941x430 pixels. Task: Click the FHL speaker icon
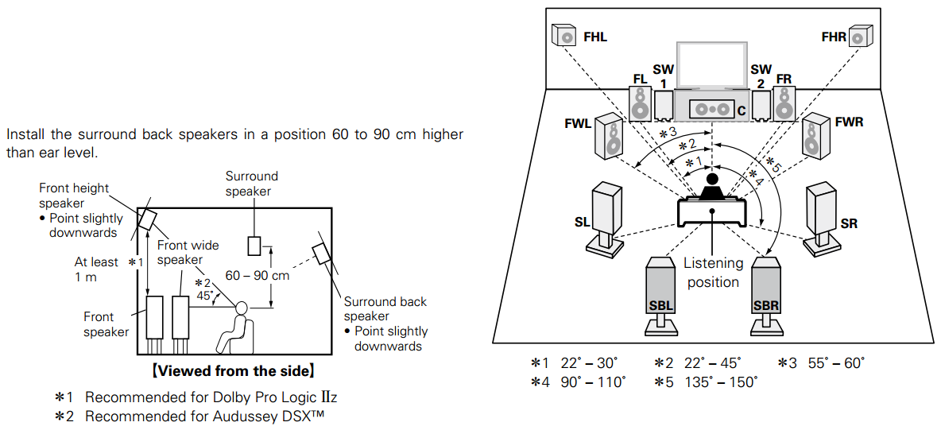click(563, 36)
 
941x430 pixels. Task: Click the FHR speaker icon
click(859, 36)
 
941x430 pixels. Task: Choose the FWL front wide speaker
click(609, 134)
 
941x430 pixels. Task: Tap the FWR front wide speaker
click(815, 134)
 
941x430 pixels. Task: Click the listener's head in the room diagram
click(711, 180)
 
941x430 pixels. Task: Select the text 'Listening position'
click(713, 272)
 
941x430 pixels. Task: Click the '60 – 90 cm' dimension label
click(257, 276)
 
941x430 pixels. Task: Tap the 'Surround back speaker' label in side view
click(385, 309)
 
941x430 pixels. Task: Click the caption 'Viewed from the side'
click(234, 370)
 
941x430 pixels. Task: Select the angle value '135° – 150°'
click(721, 382)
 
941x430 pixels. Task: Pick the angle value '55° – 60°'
click(835, 362)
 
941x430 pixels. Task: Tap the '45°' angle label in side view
click(205, 296)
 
